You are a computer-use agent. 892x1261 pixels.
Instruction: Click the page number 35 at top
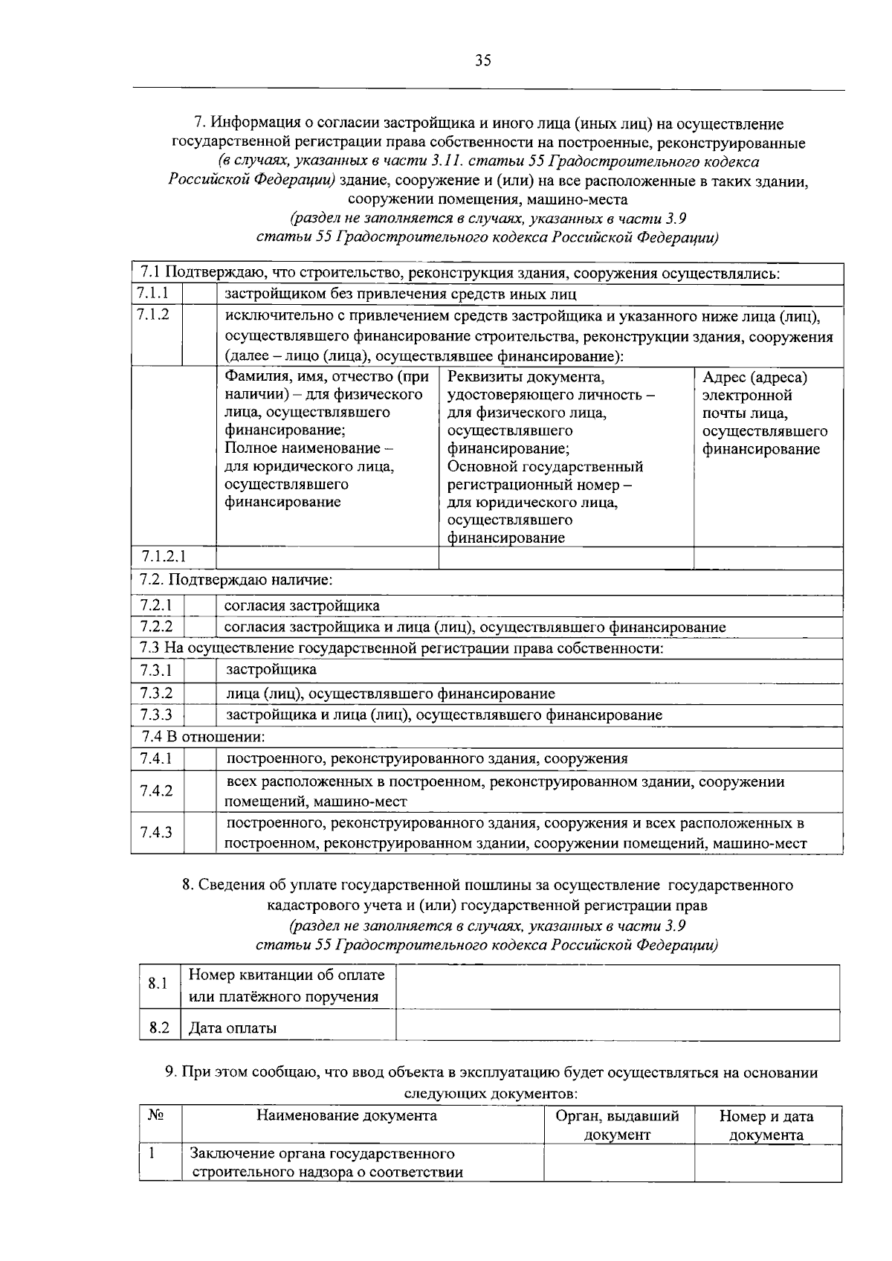(483, 61)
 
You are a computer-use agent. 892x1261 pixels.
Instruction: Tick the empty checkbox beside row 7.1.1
(199, 294)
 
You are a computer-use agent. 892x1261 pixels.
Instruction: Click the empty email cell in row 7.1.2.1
(769, 558)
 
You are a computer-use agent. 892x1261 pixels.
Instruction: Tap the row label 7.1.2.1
(164, 557)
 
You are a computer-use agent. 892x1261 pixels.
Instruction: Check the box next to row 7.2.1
(199, 605)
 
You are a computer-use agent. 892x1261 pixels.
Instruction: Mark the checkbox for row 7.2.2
(199, 627)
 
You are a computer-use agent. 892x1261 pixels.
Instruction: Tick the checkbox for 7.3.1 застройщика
(199, 671)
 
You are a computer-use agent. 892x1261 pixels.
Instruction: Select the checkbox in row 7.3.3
(199, 715)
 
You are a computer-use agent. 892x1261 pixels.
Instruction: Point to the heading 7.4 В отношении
(204, 737)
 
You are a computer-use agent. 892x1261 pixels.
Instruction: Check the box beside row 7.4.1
(199, 759)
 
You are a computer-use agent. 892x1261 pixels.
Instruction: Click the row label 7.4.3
(156, 832)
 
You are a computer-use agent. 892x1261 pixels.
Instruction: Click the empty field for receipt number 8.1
(617, 986)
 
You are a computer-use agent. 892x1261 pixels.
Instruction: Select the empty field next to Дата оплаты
(617, 1028)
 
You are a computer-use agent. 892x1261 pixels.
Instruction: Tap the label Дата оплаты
(233, 1028)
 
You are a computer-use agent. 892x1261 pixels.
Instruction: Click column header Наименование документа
(346, 1115)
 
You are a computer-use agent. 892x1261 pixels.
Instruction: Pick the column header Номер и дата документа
(766, 1125)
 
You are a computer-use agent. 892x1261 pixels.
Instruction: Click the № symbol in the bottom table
(155, 1115)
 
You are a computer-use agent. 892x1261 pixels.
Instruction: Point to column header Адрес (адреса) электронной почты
(766, 413)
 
